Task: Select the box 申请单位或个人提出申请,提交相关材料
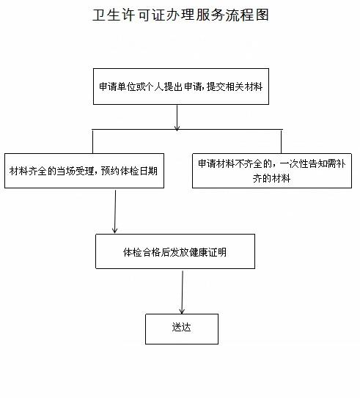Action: click(x=180, y=86)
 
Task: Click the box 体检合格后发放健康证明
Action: click(x=175, y=251)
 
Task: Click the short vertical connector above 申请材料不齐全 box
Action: click(x=281, y=141)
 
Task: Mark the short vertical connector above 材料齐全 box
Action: click(x=92, y=141)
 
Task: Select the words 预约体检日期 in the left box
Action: click(x=138, y=170)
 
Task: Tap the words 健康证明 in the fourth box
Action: click(x=209, y=252)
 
